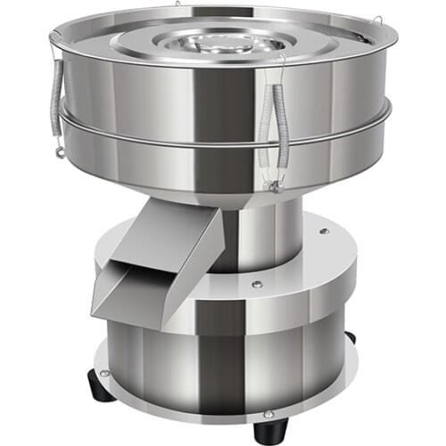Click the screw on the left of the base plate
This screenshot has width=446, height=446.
pos(105,373)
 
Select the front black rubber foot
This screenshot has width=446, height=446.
pos(267,433)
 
